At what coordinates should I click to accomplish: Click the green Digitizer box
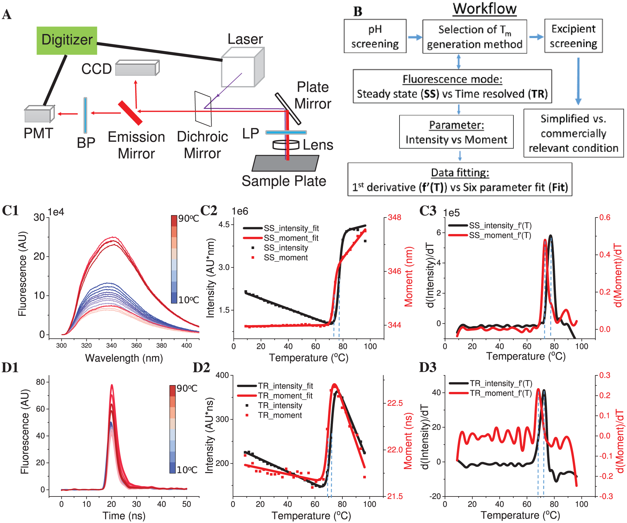pyautogui.click(x=67, y=40)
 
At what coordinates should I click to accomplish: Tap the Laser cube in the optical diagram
pyautogui.click(x=243, y=67)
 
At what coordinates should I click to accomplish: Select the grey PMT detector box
pyautogui.click(x=39, y=114)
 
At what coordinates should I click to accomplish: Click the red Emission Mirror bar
pyautogui.click(x=130, y=113)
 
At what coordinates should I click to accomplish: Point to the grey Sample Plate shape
pyautogui.click(x=285, y=163)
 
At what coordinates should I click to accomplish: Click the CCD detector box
pyautogui.click(x=137, y=68)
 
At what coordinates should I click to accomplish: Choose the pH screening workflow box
pyautogui.click(x=375, y=36)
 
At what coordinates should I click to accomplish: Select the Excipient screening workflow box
pyautogui.click(x=573, y=36)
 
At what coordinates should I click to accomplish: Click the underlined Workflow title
pyautogui.click(x=485, y=9)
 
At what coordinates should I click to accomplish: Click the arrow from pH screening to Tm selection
pyautogui.click(x=415, y=37)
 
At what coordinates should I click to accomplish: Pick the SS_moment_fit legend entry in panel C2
pyautogui.click(x=281, y=238)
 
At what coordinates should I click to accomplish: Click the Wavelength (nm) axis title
pyautogui.click(x=124, y=358)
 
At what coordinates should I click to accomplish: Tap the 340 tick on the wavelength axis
pyautogui.click(x=111, y=345)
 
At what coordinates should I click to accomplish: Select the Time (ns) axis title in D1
pyautogui.click(x=124, y=516)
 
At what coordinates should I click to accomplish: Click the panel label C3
pyautogui.click(x=428, y=211)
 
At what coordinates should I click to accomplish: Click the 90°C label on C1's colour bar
pyautogui.click(x=189, y=218)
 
